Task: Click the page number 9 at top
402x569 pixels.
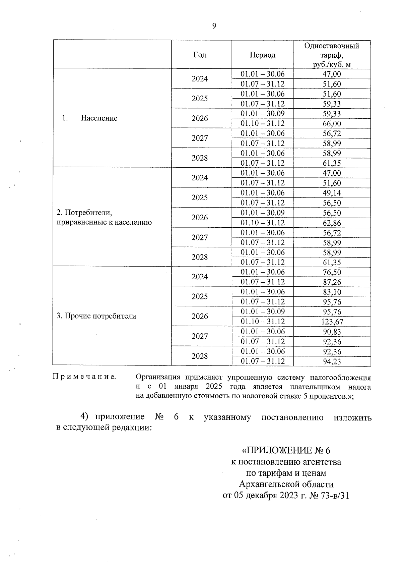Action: (x=214, y=26)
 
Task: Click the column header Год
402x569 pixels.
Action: (x=200, y=55)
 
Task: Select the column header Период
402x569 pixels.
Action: (x=262, y=55)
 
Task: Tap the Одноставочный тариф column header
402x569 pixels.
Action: (x=332, y=55)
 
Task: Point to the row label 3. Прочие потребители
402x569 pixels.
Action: (x=96, y=316)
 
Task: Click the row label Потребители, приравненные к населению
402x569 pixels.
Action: (x=104, y=218)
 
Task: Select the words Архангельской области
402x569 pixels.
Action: (x=286, y=485)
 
